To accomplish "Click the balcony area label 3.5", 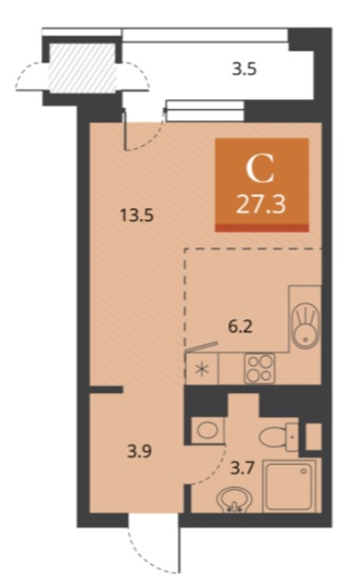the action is [x=244, y=69].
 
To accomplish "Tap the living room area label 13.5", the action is [x=136, y=216].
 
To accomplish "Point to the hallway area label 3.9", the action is [x=139, y=452].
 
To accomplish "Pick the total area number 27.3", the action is [x=261, y=206].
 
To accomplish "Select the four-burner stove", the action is [x=260, y=368].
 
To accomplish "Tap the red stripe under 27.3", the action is [x=262, y=227].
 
